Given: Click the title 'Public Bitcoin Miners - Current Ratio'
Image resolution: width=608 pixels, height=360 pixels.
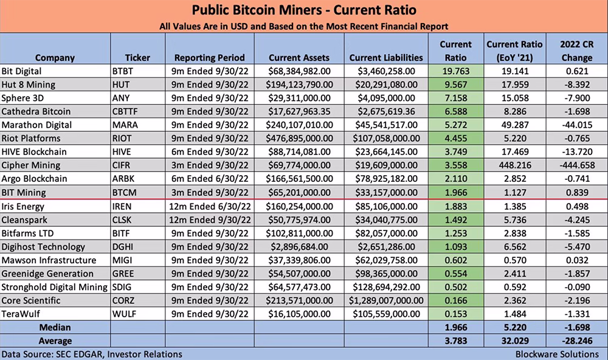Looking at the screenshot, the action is (x=304, y=10).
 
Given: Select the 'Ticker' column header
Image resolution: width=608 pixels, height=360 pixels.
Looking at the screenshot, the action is (x=137, y=58).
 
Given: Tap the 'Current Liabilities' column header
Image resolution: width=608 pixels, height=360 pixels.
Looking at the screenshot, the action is (x=386, y=58).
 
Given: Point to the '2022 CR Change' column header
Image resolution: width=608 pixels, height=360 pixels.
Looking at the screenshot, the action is (x=576, y=51).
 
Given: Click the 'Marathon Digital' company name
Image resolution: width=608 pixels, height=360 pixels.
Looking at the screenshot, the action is (x=36, y=125).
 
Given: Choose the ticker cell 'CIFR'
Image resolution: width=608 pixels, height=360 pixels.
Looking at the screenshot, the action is (x=122, y=165).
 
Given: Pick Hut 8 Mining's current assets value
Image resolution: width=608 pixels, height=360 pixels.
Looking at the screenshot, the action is (x=299, y=85).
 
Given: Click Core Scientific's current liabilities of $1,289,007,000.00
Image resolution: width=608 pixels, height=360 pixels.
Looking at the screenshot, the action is (x=386, y=300).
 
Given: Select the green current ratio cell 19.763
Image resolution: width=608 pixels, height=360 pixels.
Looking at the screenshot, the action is (x=455, y=71).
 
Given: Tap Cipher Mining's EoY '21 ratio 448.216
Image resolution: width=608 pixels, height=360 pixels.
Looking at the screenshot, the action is (x=515, y=165).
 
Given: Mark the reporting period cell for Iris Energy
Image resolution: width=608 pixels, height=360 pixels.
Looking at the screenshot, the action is (x=210, y=206).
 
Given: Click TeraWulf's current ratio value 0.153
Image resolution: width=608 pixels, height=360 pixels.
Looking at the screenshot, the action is (x=455, y=314).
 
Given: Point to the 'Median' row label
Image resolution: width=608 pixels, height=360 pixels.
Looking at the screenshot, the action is (x=55, y=327).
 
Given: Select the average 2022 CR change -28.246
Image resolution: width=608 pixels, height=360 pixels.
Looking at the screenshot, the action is (x=576, y=341).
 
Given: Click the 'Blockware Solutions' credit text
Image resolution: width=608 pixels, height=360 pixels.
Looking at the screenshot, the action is (x=557, y=354).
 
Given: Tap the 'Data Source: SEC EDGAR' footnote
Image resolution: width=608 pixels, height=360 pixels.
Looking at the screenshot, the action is (x=92, y=354).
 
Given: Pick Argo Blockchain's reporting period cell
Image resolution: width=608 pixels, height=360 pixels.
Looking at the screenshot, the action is (x=210, y=179).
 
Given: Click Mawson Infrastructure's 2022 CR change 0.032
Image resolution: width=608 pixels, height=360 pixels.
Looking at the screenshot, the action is (x=576, y=260).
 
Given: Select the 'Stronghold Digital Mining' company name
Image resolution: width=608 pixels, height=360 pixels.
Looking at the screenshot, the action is (x=54, y=287).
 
